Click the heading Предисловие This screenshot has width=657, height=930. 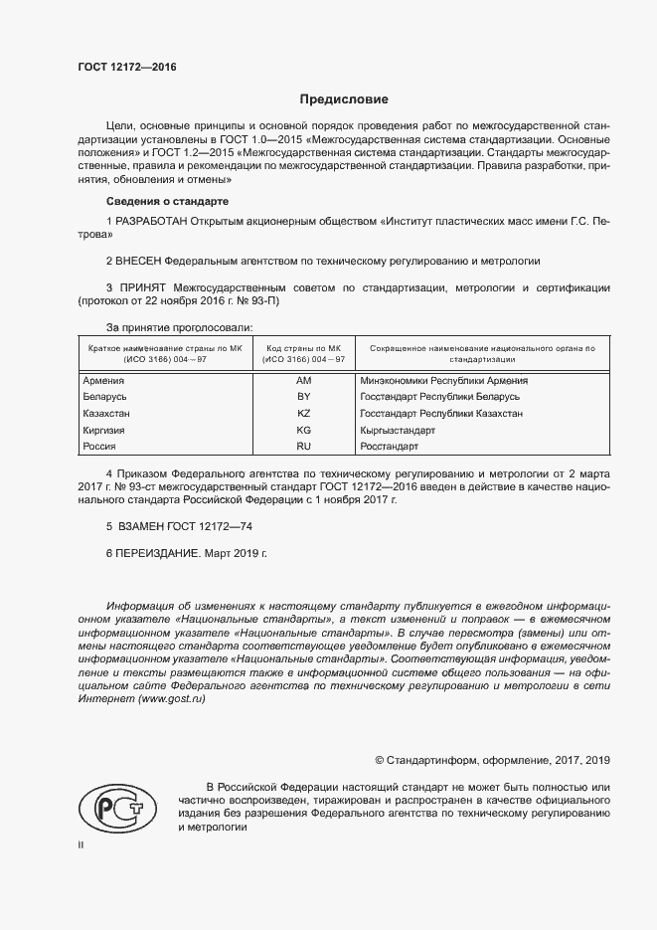(x=344, y=99)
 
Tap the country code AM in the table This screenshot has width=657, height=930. (x=304, y=380)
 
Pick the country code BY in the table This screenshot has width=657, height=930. (x=304, y=397)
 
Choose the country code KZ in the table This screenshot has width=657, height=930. (x=304, y=413)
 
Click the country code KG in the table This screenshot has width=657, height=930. (x=304, y=430)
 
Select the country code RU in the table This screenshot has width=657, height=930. (x=304, y=447)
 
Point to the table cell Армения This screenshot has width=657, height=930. (x=103, y=380)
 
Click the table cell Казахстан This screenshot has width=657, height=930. (x=106, y=413)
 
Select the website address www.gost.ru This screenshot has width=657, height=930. (x=171, y=700)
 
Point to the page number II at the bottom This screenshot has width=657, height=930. (x=81, y=844)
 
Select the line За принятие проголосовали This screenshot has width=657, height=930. (x=179, y=326)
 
